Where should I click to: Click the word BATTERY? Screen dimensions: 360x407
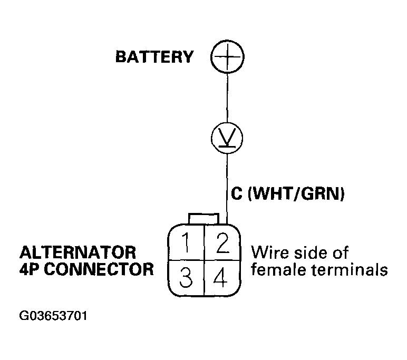[x=154, y=57]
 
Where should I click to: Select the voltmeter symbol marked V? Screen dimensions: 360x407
[x=227, y=138]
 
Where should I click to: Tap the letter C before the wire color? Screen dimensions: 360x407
[x=237, y=194]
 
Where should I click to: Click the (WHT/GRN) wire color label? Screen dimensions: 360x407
[x=296, y=194]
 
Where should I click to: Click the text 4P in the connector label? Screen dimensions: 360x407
[x=28, y=269]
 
